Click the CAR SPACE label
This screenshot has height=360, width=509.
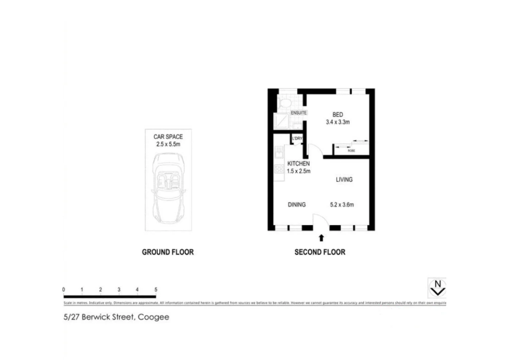[x=168, y=137]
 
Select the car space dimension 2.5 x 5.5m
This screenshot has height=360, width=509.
[x=168, y=144]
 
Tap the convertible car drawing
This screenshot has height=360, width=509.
[x=168, y=188]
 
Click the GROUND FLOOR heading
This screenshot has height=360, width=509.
[x=168, y=252]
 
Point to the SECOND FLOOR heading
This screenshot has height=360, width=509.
[x=320, y=252]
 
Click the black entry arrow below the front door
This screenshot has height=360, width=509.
[x=321, y=238]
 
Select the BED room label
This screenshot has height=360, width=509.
[x=337, y=115]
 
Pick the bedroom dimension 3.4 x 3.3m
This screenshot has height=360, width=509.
[x=337, y=122]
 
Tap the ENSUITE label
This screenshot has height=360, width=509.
[x=298, y=113]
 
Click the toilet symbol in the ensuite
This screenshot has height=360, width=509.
[x=285, y=102]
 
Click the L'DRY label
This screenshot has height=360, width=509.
[x=297, y=138]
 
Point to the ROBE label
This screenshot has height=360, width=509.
[x=351, y=151]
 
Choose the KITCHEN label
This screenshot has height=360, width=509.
[x=298, y=164]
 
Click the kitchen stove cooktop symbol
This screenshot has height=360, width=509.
[x=279, y=169]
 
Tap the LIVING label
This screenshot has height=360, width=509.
[x=344, y=180]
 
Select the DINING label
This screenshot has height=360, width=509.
[x=296, y=205]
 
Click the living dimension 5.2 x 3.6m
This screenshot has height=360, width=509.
[x=342, y=205]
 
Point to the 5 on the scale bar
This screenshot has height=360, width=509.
[x=156, y=290]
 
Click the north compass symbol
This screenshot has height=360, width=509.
[x=437, y=288]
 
